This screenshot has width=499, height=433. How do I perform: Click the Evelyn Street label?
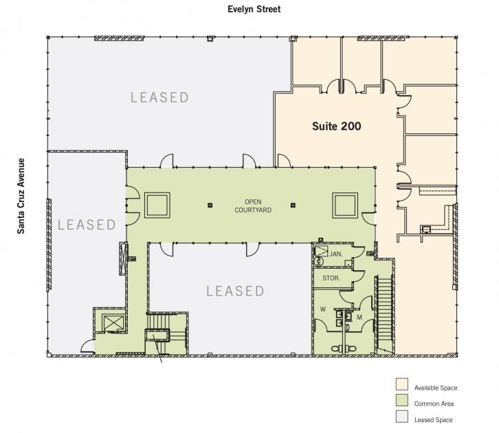click(x=254, y=9)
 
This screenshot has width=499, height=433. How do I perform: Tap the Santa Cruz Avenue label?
click(x=21, y=196)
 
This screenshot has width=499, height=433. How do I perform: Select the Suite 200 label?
click(x=336, y=126)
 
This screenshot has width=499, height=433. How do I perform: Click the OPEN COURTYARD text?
click(x=253, y=206)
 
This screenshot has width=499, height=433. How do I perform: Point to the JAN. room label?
click(x=336, y=254)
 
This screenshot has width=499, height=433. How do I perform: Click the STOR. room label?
click(x=331, y=278)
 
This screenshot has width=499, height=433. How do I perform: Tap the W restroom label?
click(x=322, y=309)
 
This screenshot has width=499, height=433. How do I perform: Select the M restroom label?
click(x=359, y=318)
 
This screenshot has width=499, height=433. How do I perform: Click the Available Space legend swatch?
click(x=402, y=384)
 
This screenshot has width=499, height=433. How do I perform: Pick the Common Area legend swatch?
click(x=402, y=400)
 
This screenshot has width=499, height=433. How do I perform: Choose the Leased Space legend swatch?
click(x=402, y=417)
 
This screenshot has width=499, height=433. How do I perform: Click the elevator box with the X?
click(x=113, y=322)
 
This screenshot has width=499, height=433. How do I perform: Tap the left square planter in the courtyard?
click(x=157, y=206)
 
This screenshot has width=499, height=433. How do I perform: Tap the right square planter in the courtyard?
click(x=345, y=206)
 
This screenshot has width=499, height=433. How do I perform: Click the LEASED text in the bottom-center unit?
click(x=235, y=291)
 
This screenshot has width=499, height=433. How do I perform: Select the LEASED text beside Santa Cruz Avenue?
click(x=87, y=225)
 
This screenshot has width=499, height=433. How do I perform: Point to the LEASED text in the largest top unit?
click(x=159, y=98)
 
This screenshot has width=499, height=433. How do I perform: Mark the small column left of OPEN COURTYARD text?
click(x=210, y=206)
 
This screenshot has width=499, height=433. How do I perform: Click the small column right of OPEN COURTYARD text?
click(x=293, y=206)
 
